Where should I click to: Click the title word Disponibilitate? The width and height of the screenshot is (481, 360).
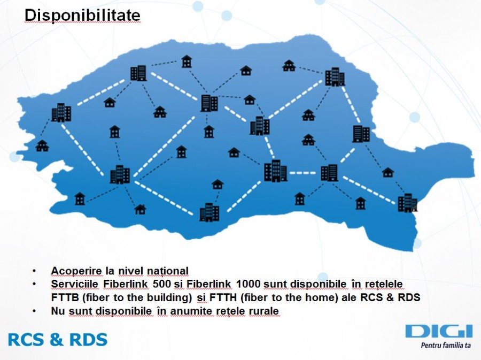(x=83, y=16)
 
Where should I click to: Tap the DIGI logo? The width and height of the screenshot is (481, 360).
(x=438, y=331)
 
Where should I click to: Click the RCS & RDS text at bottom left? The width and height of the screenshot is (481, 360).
(x=58, y=339)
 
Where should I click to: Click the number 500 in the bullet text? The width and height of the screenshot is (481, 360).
(x=162, y=284)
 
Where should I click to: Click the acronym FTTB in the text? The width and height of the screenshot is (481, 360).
(x=65, y=297)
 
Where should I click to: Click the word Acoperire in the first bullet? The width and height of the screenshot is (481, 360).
(x=74, y=271)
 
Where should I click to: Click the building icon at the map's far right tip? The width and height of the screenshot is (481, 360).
(x=407, y=203)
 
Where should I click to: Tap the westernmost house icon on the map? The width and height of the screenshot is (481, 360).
(x=42, y=145)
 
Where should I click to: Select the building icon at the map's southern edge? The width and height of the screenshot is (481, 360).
(x=209, y=212)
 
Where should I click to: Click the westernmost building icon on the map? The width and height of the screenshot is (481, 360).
(x=61, y=112)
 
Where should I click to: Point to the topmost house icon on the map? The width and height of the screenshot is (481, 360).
(x=186, y=62)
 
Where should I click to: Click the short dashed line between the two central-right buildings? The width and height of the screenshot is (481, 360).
(x=302, y=173)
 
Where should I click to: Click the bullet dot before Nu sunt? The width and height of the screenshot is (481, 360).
(x=35, y=311)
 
